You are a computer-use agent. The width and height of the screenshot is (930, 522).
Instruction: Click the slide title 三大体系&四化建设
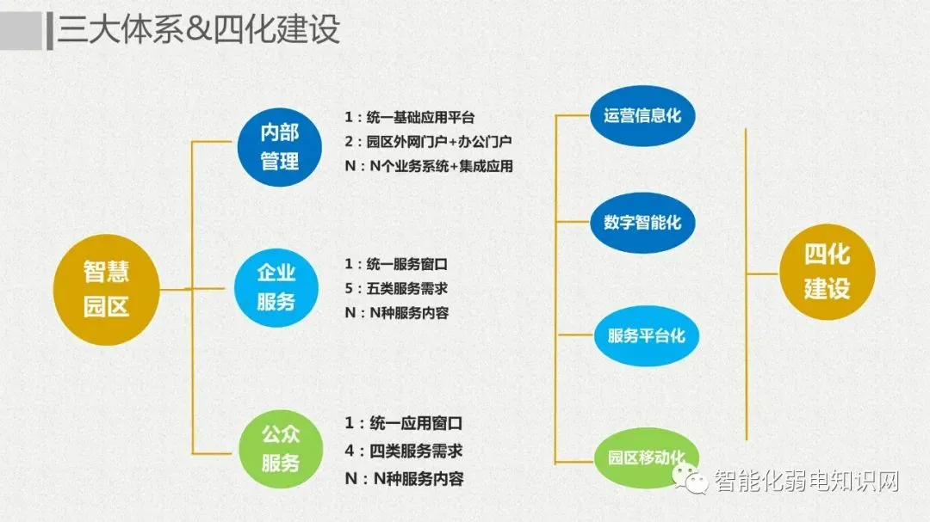tap(199, 30)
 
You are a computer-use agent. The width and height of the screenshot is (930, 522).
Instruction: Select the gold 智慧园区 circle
tap(107, 289)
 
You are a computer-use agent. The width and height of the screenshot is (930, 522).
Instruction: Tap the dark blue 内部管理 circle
tap(280, 146)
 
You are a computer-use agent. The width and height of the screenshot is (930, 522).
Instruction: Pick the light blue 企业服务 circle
tap(276, 286)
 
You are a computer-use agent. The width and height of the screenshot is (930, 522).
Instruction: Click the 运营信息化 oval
tap(642, 115)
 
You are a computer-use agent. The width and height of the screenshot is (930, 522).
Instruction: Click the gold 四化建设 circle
tap(827, 272)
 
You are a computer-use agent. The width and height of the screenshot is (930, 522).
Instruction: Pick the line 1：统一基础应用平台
tap(410, 118)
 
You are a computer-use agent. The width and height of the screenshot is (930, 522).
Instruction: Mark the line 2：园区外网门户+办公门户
tap(427, 142)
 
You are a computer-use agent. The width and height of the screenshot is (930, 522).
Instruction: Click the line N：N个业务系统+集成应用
tap(429, 166)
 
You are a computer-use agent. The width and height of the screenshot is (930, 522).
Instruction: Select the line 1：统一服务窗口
tap(396, 264)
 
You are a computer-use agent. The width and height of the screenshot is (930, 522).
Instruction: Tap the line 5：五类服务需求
tap(396, 288)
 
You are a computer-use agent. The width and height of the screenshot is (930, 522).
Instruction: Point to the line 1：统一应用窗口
tap(404, 424)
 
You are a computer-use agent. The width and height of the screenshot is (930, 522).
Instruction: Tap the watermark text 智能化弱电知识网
tap(806, 481)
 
